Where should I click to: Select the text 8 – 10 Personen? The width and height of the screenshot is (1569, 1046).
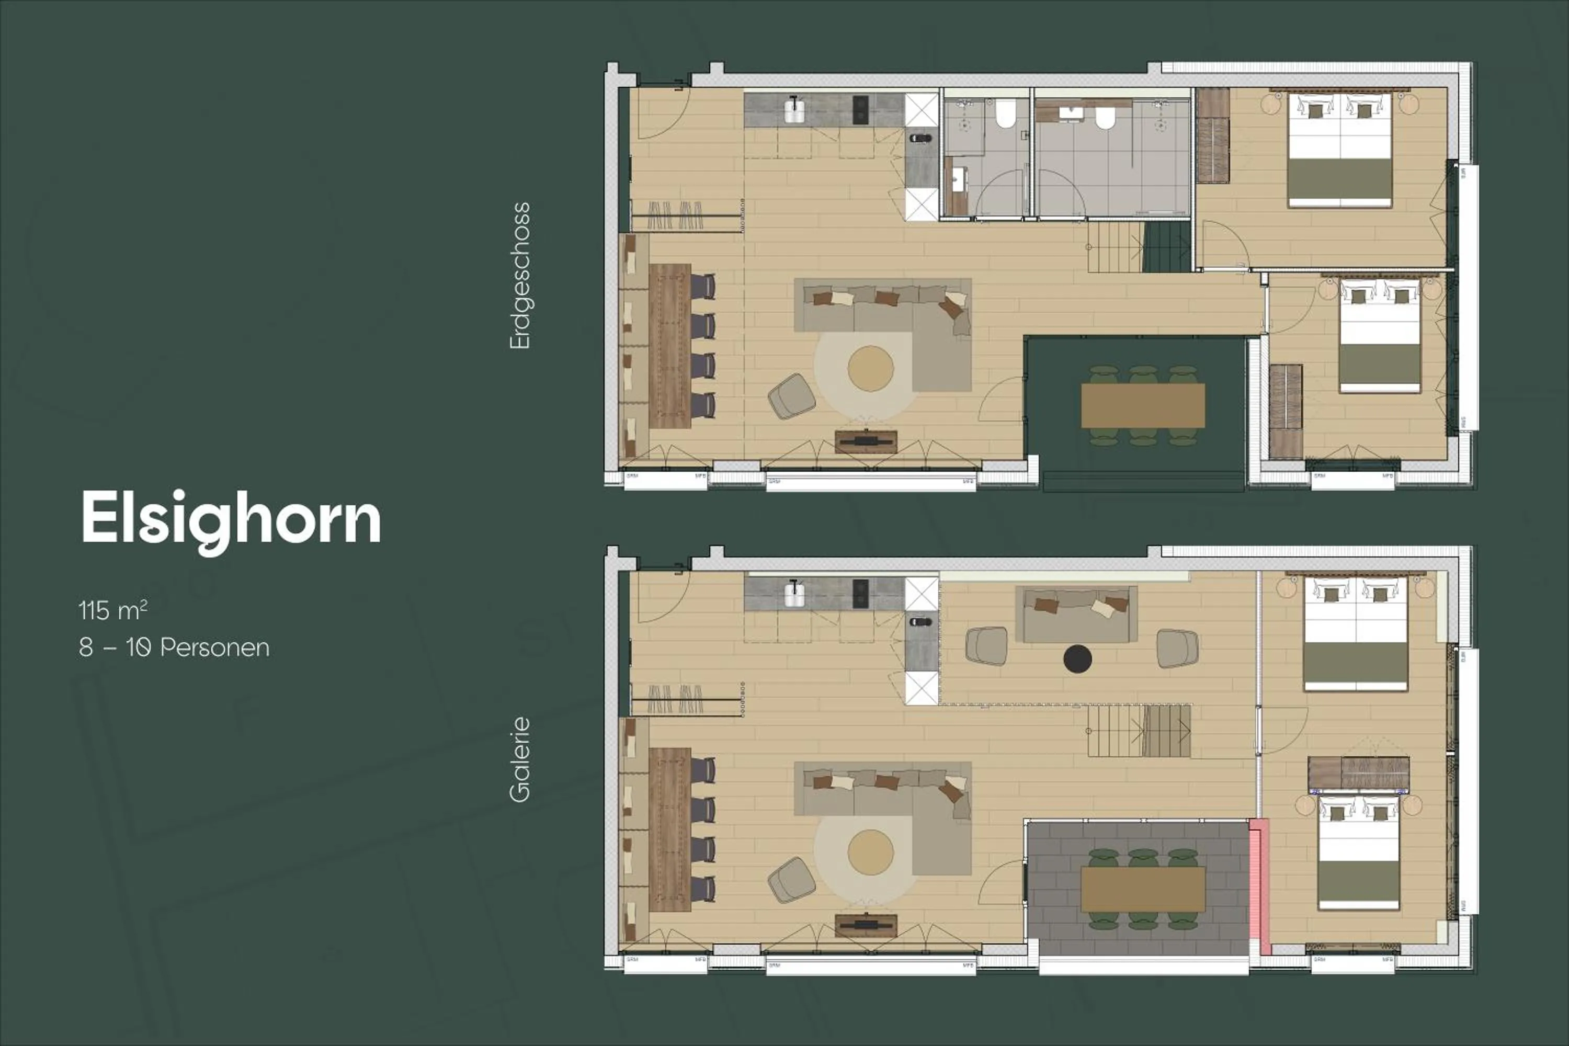[x=174, y=647]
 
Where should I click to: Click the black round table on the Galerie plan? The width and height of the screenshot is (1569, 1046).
[x=1077, y=659]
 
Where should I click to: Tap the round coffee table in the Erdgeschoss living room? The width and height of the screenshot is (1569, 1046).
[x=871, y=368]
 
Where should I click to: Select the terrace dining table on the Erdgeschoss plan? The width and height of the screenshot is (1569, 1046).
[x=1143, y=406]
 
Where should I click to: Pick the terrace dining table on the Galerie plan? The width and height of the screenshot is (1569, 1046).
[x=1143, y=889]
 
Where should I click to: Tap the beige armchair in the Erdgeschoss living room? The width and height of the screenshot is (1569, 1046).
[x=791, y=397]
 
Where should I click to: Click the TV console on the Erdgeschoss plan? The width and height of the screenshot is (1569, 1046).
[x=866, y=441]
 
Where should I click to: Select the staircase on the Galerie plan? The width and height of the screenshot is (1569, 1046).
[x=1139, y=731]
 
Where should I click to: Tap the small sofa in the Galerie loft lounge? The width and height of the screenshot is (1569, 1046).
[x=1076, y=613]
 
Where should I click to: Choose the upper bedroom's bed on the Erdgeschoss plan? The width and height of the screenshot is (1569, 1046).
[x=1339, y=150]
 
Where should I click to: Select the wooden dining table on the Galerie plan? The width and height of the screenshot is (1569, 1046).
[x=670, y=829]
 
